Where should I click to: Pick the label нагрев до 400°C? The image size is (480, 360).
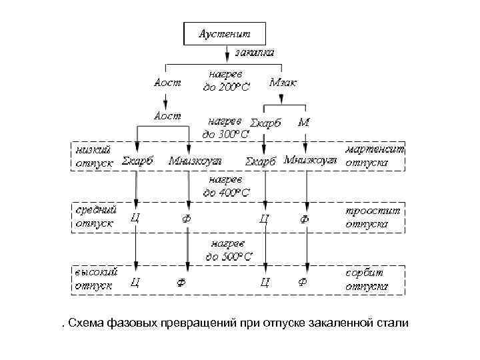tap(227, 186)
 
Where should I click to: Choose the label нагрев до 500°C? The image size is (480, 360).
tap(229, 250)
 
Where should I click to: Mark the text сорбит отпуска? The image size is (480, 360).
tap(367, 279)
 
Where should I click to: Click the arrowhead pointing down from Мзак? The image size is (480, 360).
tap(283, 101)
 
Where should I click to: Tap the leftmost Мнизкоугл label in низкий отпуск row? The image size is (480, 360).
tap(195, 161)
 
